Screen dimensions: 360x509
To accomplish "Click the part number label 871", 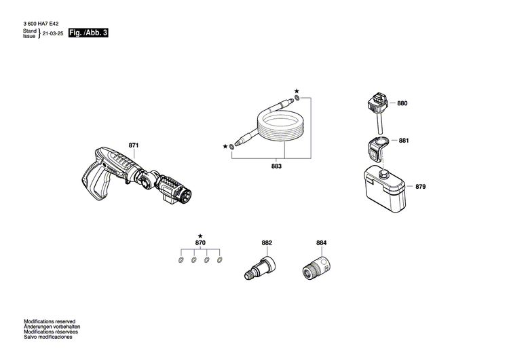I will [133, 145].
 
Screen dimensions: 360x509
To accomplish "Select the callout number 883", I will [276, 165].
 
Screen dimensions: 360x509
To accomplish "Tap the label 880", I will [402, 103].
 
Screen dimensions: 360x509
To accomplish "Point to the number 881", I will [404, 141].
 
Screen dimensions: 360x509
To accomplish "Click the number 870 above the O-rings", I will [200, 243].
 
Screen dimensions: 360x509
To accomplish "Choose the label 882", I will [266, 242].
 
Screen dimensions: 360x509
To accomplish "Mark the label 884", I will [321, 242].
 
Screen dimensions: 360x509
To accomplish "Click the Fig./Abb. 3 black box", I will [88, 33].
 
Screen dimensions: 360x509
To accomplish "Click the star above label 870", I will [200, 235].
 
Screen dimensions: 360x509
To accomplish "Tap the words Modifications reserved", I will [50, 321].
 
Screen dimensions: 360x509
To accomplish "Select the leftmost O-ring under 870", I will [181, 260].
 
